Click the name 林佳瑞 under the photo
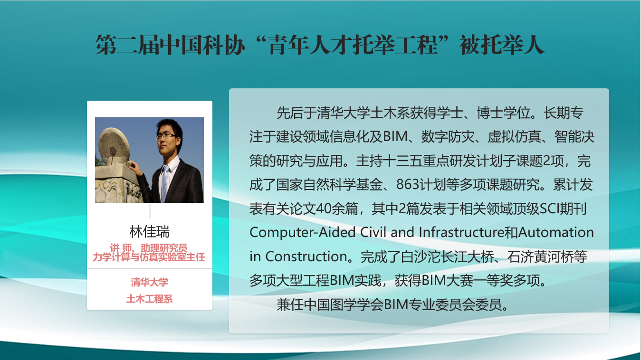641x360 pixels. click(149, 232)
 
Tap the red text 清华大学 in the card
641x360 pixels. click(149, 282)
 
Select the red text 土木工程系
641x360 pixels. click(149, 299)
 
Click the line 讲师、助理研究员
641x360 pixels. click(149, 247)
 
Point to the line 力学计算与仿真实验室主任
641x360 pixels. click(149, 257)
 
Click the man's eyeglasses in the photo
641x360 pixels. click(166, 136)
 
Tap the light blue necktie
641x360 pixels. click(164, 183)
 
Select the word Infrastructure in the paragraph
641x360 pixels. click(461, 232)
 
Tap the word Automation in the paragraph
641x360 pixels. click(556, 232)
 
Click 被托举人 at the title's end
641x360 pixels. click(502, 45)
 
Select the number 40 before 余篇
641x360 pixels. click(324, 209)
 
